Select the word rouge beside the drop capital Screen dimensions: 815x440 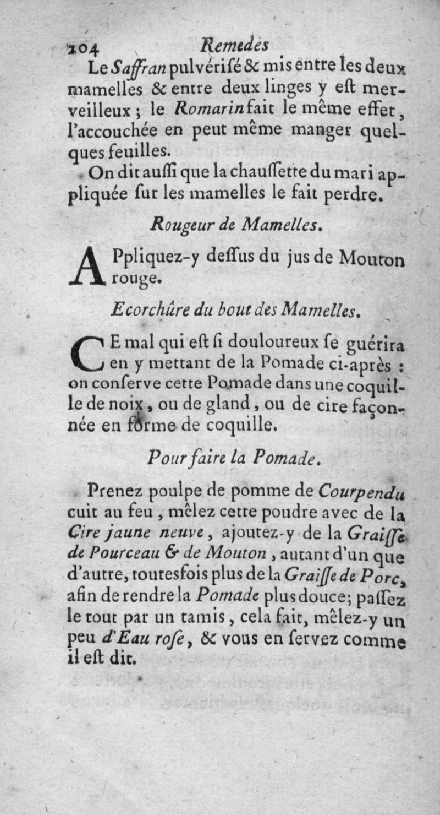coord(136,280)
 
